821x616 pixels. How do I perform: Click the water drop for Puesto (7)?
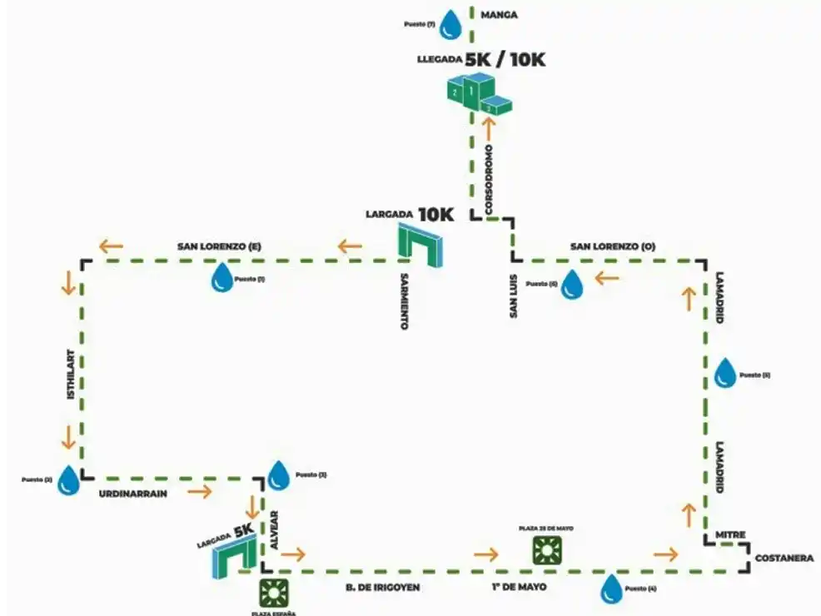(451, 24)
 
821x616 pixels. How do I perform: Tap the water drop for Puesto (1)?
(222, 278)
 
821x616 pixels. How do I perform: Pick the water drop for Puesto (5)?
(725, 373)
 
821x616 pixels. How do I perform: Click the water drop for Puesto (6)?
(573, 284)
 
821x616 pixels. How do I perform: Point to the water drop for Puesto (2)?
(68, 480)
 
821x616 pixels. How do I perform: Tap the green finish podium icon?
(478, 93)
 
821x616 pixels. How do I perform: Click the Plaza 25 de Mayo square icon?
(547, 550)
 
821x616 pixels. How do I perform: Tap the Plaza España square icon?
(272, 593)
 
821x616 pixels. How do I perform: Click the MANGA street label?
(500, 14)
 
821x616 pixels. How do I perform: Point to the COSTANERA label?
(784, 559)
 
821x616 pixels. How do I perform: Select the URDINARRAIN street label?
(133, 494)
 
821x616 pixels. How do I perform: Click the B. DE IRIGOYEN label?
(383, 588)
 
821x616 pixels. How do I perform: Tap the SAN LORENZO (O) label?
(613, 246)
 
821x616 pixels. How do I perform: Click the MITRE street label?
(729, 535)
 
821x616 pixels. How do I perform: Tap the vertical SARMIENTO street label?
(404, 301)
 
